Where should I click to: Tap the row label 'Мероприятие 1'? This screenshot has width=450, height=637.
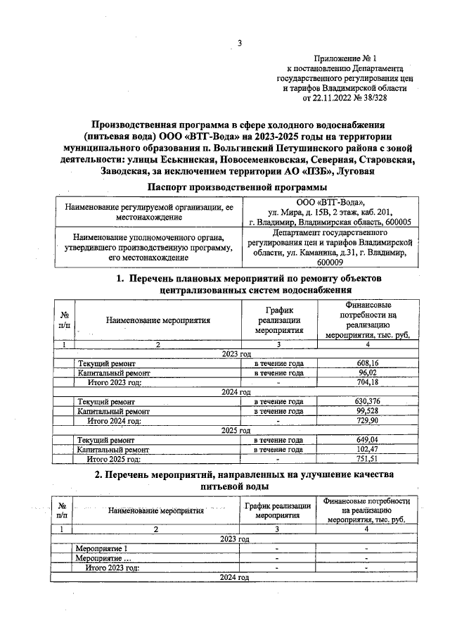click(102, 548)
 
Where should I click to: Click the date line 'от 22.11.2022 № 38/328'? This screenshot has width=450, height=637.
click(345, 99)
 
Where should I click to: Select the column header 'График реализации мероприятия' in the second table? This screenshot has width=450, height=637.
click(278, 510)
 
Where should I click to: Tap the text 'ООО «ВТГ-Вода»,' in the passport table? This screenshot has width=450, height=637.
click(329, 202)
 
